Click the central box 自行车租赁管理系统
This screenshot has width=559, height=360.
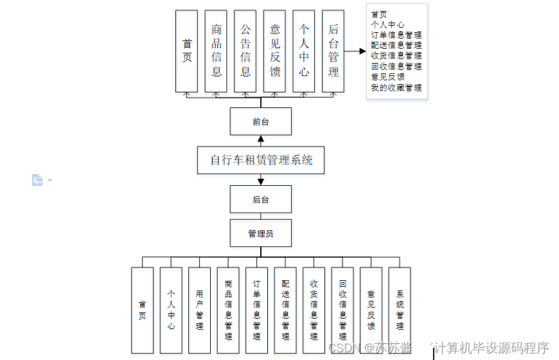click(260, 160)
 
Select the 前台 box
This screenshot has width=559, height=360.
click(260, 121)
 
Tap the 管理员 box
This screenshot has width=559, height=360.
click(260, 233)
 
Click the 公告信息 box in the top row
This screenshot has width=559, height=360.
click(245, 51)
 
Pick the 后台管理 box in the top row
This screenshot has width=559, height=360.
click(333, 51)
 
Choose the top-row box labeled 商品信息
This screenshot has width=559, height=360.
click(216, 51)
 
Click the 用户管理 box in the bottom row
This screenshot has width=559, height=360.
click(199, 310)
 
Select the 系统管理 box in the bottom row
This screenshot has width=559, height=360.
click(399, 310)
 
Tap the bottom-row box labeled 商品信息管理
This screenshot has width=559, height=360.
click(228, 310)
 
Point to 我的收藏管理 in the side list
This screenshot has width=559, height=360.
click(396, 87)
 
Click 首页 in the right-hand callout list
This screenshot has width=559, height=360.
click(379, 14)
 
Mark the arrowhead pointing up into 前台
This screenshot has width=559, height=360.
click(260, 139)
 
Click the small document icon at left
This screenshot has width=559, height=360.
click(37, 180)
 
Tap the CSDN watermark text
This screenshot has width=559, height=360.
click(342, 348)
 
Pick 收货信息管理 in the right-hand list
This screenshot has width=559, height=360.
click(396, 56)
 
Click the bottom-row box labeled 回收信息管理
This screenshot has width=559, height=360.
click(342, 310)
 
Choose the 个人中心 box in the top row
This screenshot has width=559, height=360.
click(304, 51)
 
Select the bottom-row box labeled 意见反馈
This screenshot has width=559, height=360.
click(371, 310)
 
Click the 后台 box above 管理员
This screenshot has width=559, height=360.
click(260, 199)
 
